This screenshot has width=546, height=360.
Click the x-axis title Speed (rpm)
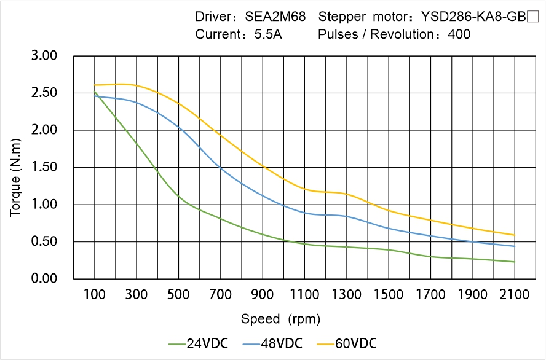pyautogui.click(x=280, y=319)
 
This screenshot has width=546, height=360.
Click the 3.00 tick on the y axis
pyautogui.click(x=44, y=56)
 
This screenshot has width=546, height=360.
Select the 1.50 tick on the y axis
pyautogui.click(x=44, y=168)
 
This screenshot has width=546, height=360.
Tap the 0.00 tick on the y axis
pyautogui.click(x=44, y=279)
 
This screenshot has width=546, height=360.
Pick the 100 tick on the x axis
pyautogui.click(x=94, y=295)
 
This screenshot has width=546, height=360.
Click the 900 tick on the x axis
pyautogui.click(x=263, y=295)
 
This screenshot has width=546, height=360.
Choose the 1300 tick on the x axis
pyautogui.click(x=347, y=295)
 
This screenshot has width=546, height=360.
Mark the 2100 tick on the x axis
pyautogui.click(x=515, y=295)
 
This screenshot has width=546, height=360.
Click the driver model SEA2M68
pyautogui.click(x=275, y=17)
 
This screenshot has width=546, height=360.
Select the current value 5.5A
pyautogui.click(x=268, y=34)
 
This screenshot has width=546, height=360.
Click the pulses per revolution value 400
pyautogui.click(x=459, y=34)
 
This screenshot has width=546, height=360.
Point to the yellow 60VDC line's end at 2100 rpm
pyautogui.click(x=515, y=235)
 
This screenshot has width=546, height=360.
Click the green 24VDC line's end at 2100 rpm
pyautogui.click(x=515, y=262)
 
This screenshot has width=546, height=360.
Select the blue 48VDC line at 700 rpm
pyautogui.click(x=221, y=167)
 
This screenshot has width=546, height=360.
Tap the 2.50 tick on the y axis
pyautogui.click(x=44, y=93)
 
